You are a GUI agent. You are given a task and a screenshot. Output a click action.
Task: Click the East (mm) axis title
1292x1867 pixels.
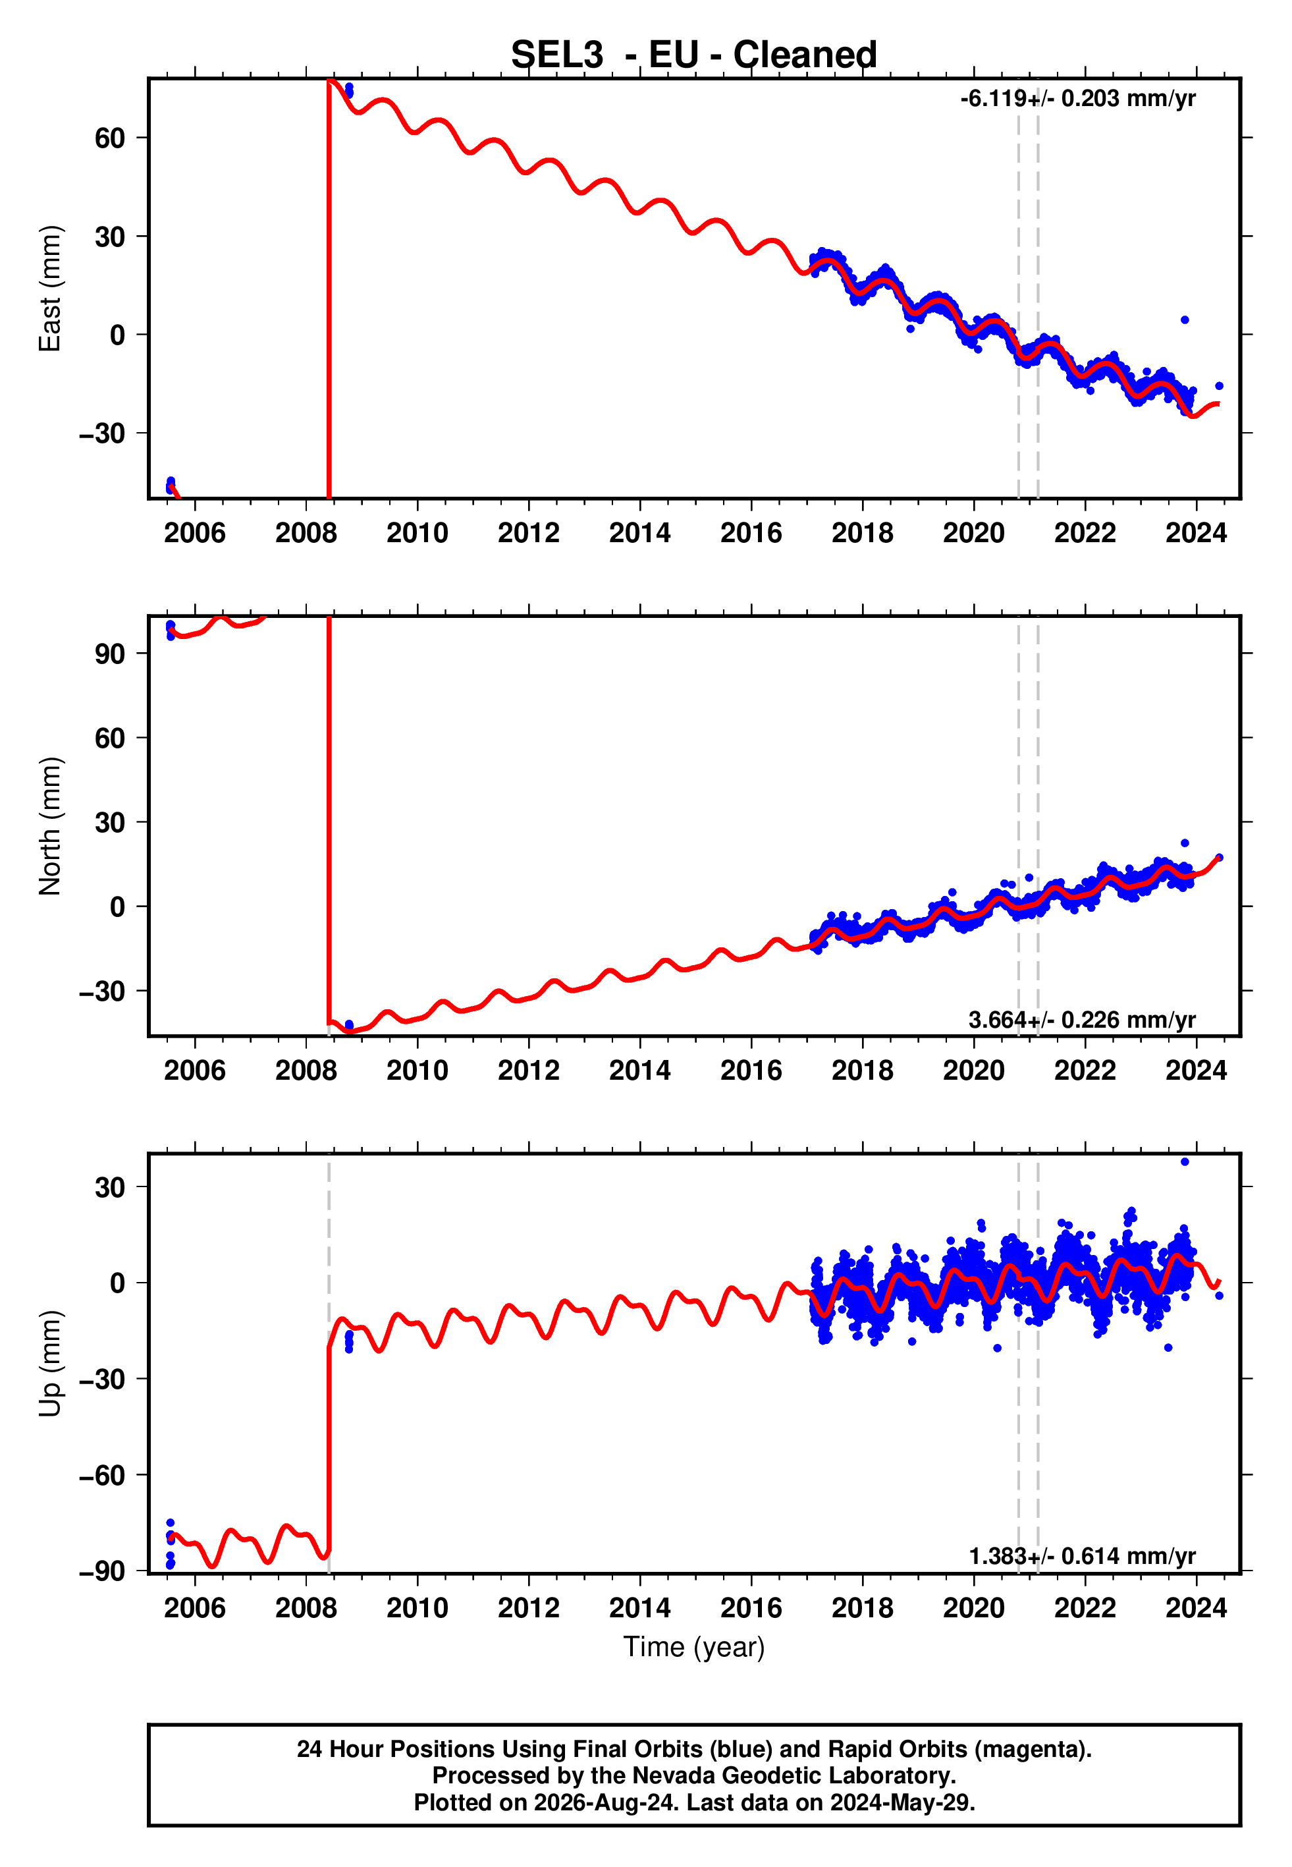50,289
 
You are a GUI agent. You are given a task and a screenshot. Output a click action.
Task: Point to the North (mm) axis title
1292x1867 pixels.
50,826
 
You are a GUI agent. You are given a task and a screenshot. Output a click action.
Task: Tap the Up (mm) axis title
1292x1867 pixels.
50,1364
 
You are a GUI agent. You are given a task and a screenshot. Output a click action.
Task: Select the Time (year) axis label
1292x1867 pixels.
694,1647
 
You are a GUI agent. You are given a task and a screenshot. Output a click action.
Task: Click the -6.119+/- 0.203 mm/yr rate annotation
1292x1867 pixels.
1077,99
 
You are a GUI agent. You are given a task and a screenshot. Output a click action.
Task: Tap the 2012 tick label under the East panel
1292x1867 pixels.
529,533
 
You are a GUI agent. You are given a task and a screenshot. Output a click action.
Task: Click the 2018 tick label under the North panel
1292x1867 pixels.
862,1071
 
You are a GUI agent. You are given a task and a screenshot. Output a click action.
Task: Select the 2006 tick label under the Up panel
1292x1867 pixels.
194,1608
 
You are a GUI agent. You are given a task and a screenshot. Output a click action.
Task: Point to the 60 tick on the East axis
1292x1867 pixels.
110,138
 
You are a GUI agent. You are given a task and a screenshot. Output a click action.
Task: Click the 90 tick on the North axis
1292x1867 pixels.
110,654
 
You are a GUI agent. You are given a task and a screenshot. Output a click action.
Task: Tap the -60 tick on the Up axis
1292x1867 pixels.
102,1475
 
